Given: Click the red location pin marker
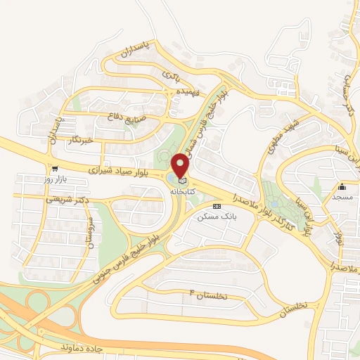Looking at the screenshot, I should [181, 166].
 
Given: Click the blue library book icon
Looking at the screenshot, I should [181, 181].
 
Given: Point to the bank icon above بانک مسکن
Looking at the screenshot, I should [217, 207].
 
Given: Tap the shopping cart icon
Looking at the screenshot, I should [54, 169].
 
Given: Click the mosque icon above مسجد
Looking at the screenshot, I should [342, 186].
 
